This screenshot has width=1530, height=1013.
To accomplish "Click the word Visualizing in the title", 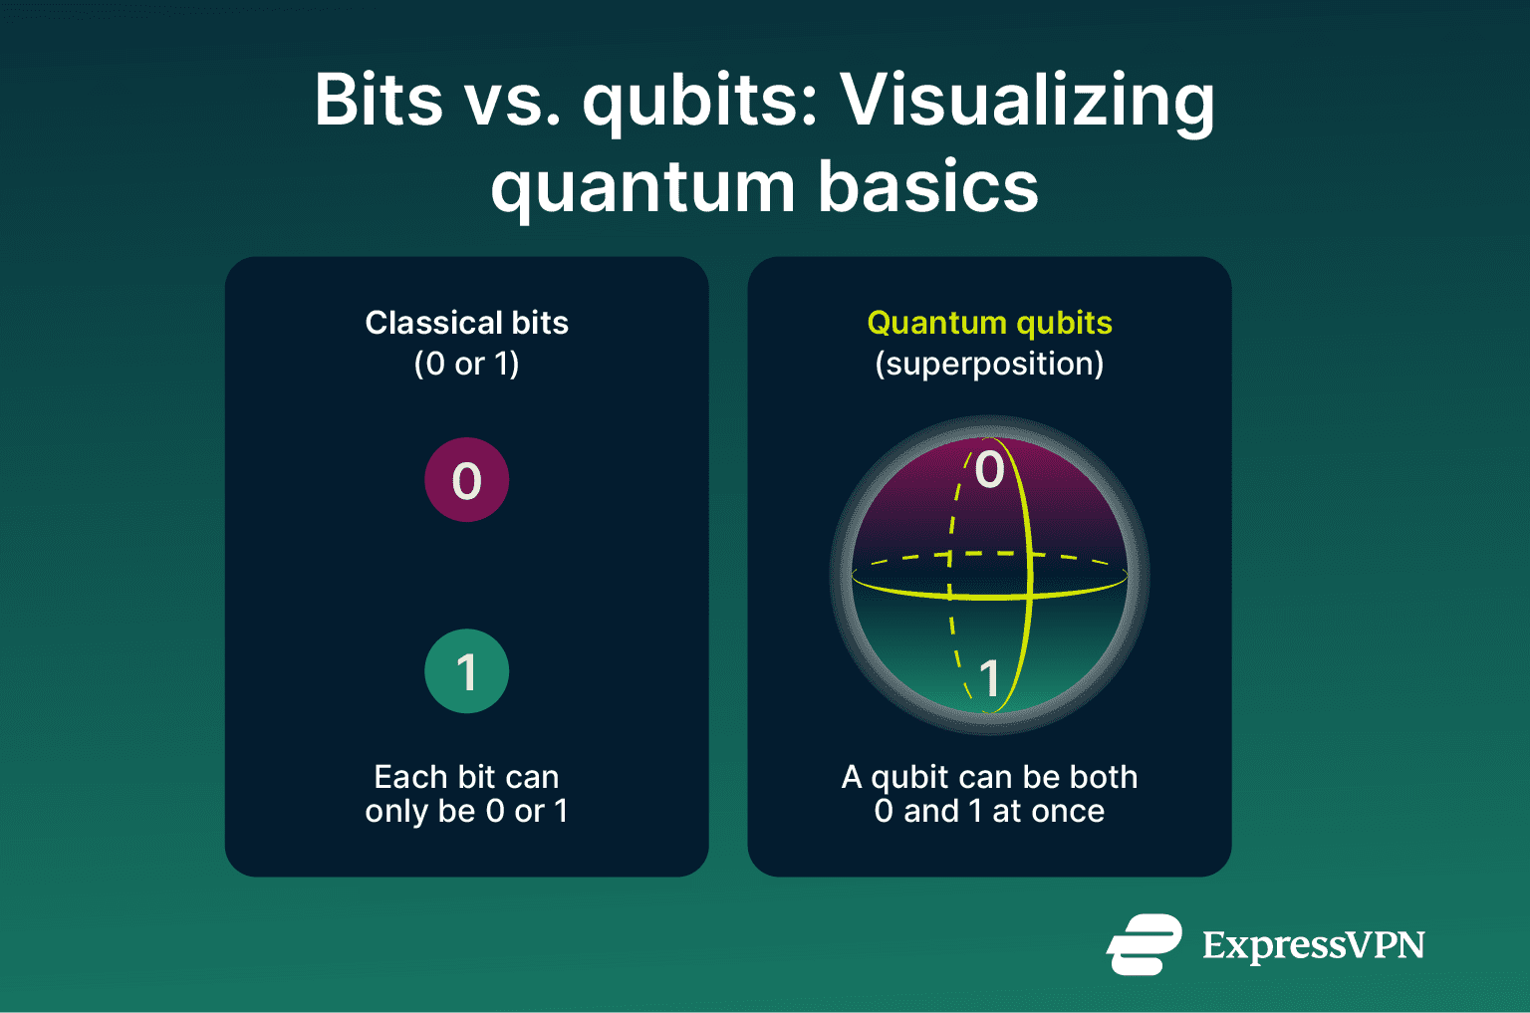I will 1027,103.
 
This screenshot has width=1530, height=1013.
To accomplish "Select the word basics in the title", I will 928,187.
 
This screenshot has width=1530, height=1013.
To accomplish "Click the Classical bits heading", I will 466,323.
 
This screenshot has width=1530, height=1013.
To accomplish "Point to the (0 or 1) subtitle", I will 466,364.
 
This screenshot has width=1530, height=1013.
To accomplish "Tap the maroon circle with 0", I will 466,480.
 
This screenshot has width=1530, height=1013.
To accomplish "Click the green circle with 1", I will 466,671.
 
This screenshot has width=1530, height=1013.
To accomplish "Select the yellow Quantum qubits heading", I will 989,323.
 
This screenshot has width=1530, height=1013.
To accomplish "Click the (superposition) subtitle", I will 989,364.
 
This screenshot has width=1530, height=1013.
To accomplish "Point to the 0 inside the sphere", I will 989,469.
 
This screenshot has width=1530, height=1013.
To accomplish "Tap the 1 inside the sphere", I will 989,679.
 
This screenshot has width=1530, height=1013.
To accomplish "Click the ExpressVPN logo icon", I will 1144,944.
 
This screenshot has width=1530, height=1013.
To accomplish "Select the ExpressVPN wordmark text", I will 1313,945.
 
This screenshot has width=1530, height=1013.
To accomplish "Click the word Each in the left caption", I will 404,777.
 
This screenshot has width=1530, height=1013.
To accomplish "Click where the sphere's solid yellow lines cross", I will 1029,597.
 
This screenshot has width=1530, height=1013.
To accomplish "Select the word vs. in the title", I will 512,102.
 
